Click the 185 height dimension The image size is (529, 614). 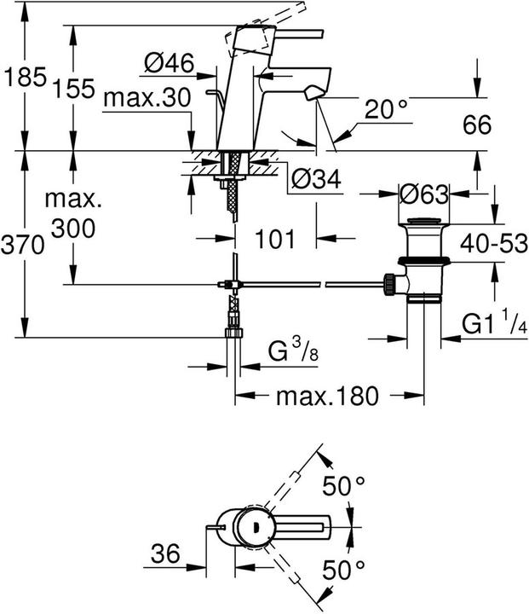[22, 79]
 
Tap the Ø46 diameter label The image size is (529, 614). [168, 62]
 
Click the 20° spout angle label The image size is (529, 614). [387, 109]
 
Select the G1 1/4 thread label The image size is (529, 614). [492, 325]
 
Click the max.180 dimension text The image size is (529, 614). [327, 395]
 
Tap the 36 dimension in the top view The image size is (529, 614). [167, 554]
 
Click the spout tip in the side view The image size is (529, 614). [316, 93]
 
